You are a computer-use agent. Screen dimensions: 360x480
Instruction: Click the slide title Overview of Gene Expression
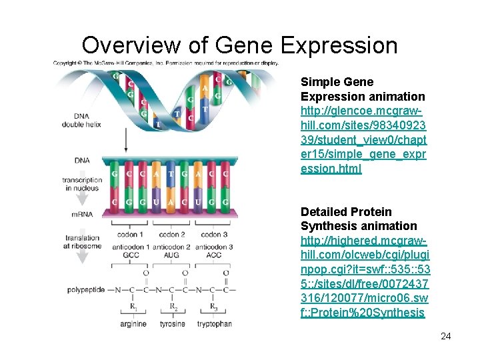point(239,45)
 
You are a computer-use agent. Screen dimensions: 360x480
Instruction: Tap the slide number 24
point(445,336)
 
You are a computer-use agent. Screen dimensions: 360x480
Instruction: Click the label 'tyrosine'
point(173,324)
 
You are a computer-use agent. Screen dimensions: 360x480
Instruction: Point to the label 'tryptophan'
point(214,324)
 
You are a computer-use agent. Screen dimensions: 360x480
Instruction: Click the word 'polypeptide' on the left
point(86,290)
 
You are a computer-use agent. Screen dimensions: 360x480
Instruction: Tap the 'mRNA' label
point(83,214)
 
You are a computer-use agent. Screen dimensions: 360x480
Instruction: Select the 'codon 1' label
point(131,235)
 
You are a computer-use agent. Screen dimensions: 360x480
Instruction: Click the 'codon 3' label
point(215,235)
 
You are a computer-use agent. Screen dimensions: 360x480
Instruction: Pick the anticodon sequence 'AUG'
point(173,255)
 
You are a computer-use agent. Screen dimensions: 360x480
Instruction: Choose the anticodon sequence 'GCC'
point(131,255)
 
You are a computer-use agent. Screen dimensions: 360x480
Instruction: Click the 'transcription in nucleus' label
point(83,183)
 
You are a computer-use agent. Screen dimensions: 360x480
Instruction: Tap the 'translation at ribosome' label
point(83,242)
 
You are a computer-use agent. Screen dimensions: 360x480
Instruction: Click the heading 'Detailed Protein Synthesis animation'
point(359,219)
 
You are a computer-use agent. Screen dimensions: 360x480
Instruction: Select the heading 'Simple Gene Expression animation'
point(363,89)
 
